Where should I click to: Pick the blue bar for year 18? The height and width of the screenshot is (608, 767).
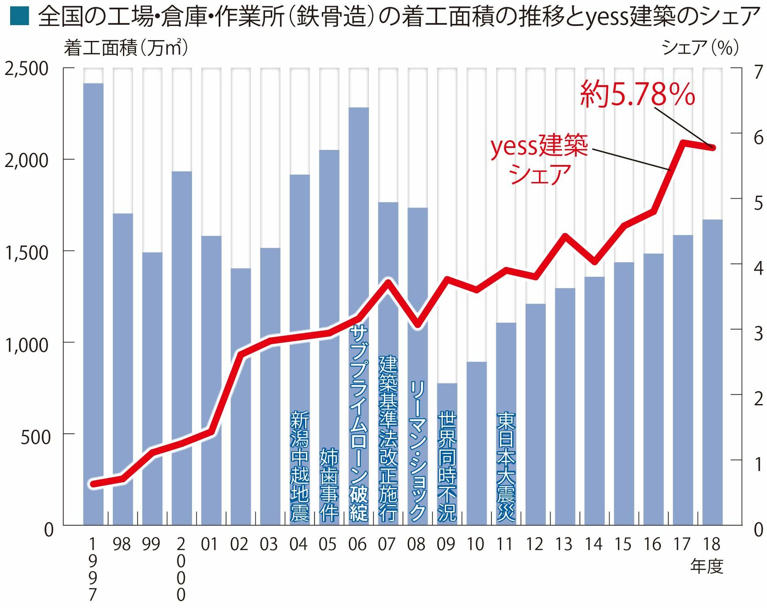pyautogui.click(x=712, y=374)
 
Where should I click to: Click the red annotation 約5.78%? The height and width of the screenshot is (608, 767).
pyautogui.click(x=637, y=94)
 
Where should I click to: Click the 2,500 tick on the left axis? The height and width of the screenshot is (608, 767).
pyautogui.click(x=26, y=69)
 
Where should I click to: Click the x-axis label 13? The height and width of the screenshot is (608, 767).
pyautogui.click(x=564, y=545)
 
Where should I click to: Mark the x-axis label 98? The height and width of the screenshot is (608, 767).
pyautogui.click(x=122, y=545)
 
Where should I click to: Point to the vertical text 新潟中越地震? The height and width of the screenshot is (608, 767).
pyautogui.click(x=299, y=466)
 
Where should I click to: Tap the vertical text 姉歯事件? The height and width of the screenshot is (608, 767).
pyautogui.click(x=329, y=485)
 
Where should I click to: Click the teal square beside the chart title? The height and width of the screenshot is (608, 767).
pyautogui.click(x=19, y=15)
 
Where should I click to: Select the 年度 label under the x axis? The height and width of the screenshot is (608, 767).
pyautogui.click(x=707, y=566)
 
